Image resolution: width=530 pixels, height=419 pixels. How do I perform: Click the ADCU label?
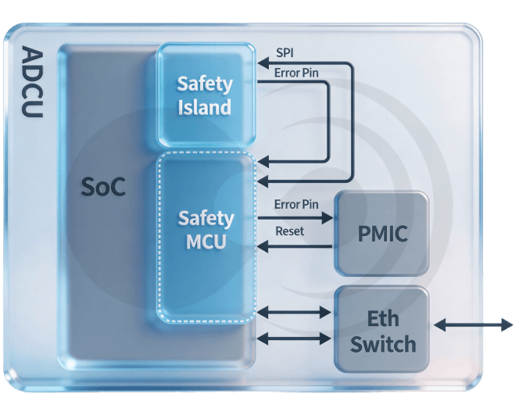click(32, 83)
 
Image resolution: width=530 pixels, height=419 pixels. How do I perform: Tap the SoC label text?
click(103, 188)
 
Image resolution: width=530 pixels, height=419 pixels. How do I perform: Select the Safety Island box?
click(205, 95)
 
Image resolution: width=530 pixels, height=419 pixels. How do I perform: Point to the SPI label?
click(285, 53)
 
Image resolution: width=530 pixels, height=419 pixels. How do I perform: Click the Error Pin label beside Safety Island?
click(296, 73)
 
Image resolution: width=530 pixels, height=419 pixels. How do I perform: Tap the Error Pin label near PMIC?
click(296, 205)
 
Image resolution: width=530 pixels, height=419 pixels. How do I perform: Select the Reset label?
click(290, 231)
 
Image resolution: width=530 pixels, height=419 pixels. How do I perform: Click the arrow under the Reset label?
click(295, 246)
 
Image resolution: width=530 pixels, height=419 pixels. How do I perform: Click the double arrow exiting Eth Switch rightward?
click(474, 324)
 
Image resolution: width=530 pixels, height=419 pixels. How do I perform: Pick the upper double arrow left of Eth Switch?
click(294, 312)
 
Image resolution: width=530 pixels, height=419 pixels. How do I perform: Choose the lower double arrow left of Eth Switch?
click(294, 338)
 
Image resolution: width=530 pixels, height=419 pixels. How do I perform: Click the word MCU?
click(206, 242)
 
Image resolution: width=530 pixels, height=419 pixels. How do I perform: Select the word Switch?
click(382, 344)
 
